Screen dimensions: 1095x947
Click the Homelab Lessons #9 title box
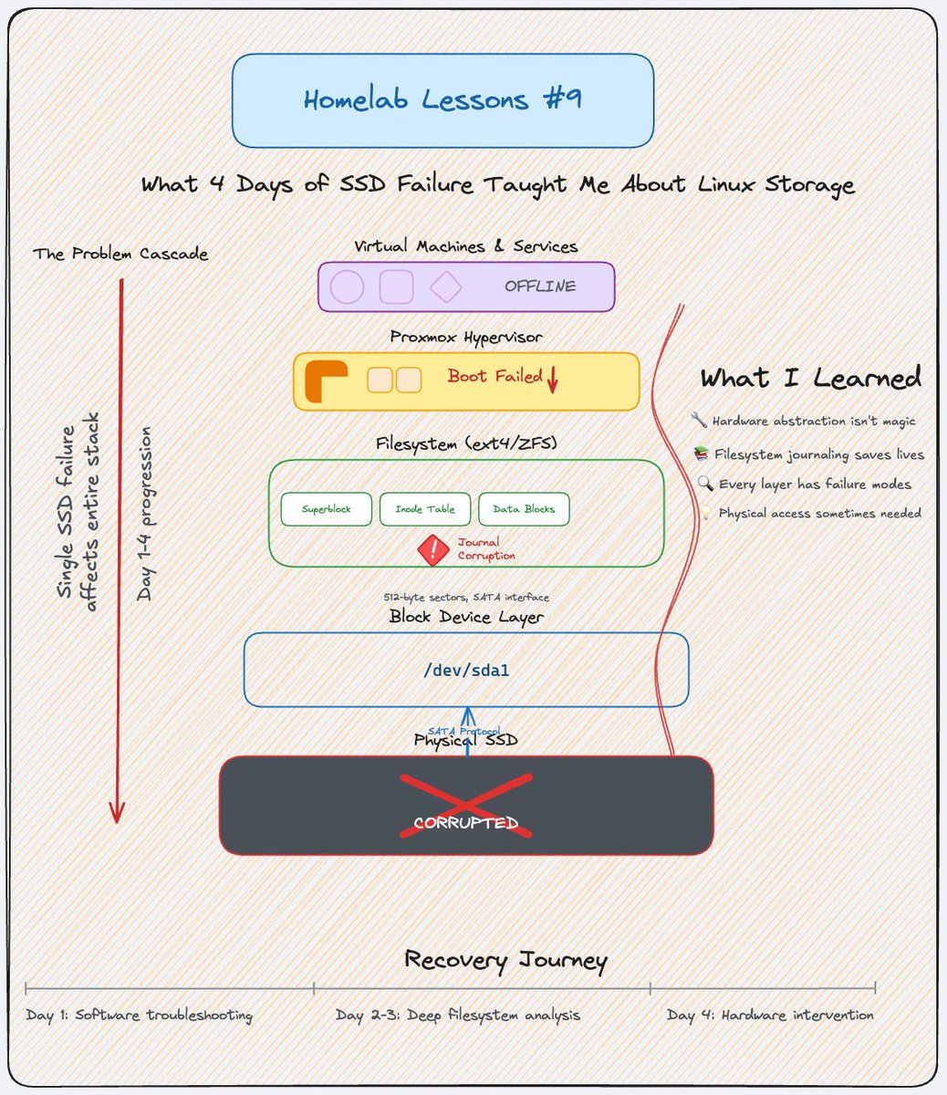point(442,100)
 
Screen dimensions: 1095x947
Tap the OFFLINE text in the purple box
point(540,287)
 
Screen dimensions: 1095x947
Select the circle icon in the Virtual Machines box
point(347,287)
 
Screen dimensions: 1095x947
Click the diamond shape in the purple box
point(445,287)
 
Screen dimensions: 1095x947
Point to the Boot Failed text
point(494,376)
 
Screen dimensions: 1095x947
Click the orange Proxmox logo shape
point(325,381)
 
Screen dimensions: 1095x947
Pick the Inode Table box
point(425,509)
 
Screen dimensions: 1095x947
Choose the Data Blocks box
point(524,509)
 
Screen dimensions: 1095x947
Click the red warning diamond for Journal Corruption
point(432,549)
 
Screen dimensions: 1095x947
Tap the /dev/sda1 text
point(466,671)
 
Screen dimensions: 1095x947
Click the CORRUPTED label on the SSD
point(465,823)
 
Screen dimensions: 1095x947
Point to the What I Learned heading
point(810,378)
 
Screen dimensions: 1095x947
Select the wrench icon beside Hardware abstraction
point(700,421)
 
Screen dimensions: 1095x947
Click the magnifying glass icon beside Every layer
point(705,484)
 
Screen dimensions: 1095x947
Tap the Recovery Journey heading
point(505,960)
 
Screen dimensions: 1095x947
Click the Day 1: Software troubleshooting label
point(139,1015)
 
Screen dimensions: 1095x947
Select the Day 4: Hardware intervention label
point(770,1015)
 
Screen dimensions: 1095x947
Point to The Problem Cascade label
point(120,254)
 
